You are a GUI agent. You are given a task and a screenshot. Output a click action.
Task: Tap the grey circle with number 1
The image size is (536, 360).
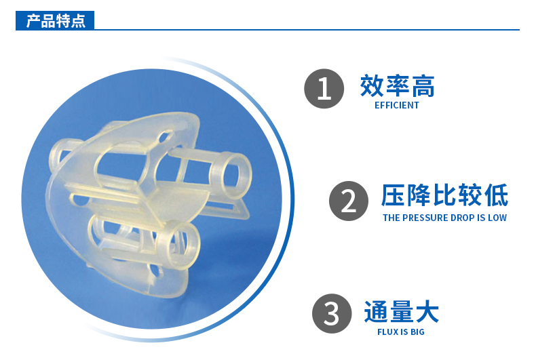(324, 88)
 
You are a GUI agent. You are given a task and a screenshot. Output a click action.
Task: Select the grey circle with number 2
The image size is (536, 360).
(349, 201)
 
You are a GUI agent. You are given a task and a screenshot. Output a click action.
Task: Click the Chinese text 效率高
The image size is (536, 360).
(397, 86)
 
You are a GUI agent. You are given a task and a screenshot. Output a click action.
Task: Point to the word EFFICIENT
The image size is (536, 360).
(397, 106)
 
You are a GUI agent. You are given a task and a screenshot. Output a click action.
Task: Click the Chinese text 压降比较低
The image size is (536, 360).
(444, 196)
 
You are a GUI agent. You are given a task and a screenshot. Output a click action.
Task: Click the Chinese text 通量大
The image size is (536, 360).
(401, 312)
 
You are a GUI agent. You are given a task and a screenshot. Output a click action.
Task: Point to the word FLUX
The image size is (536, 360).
(387, 332)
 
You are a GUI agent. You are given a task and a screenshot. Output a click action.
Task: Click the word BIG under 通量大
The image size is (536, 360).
(415, 332)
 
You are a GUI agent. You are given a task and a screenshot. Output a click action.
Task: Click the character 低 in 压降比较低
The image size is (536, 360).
(495, 196)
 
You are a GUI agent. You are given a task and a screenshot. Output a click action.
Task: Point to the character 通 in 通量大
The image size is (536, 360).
(376, 312)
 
